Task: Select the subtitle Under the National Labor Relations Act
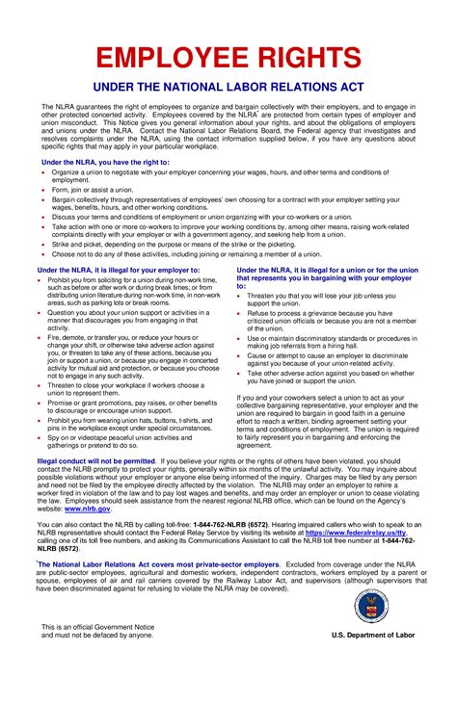click(228, 88)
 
